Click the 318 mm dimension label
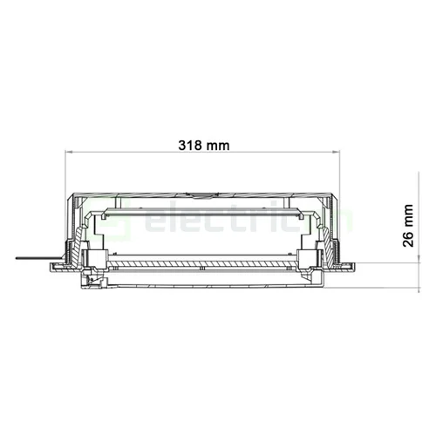[x=207, y=145]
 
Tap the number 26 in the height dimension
[x=408, y=239]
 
